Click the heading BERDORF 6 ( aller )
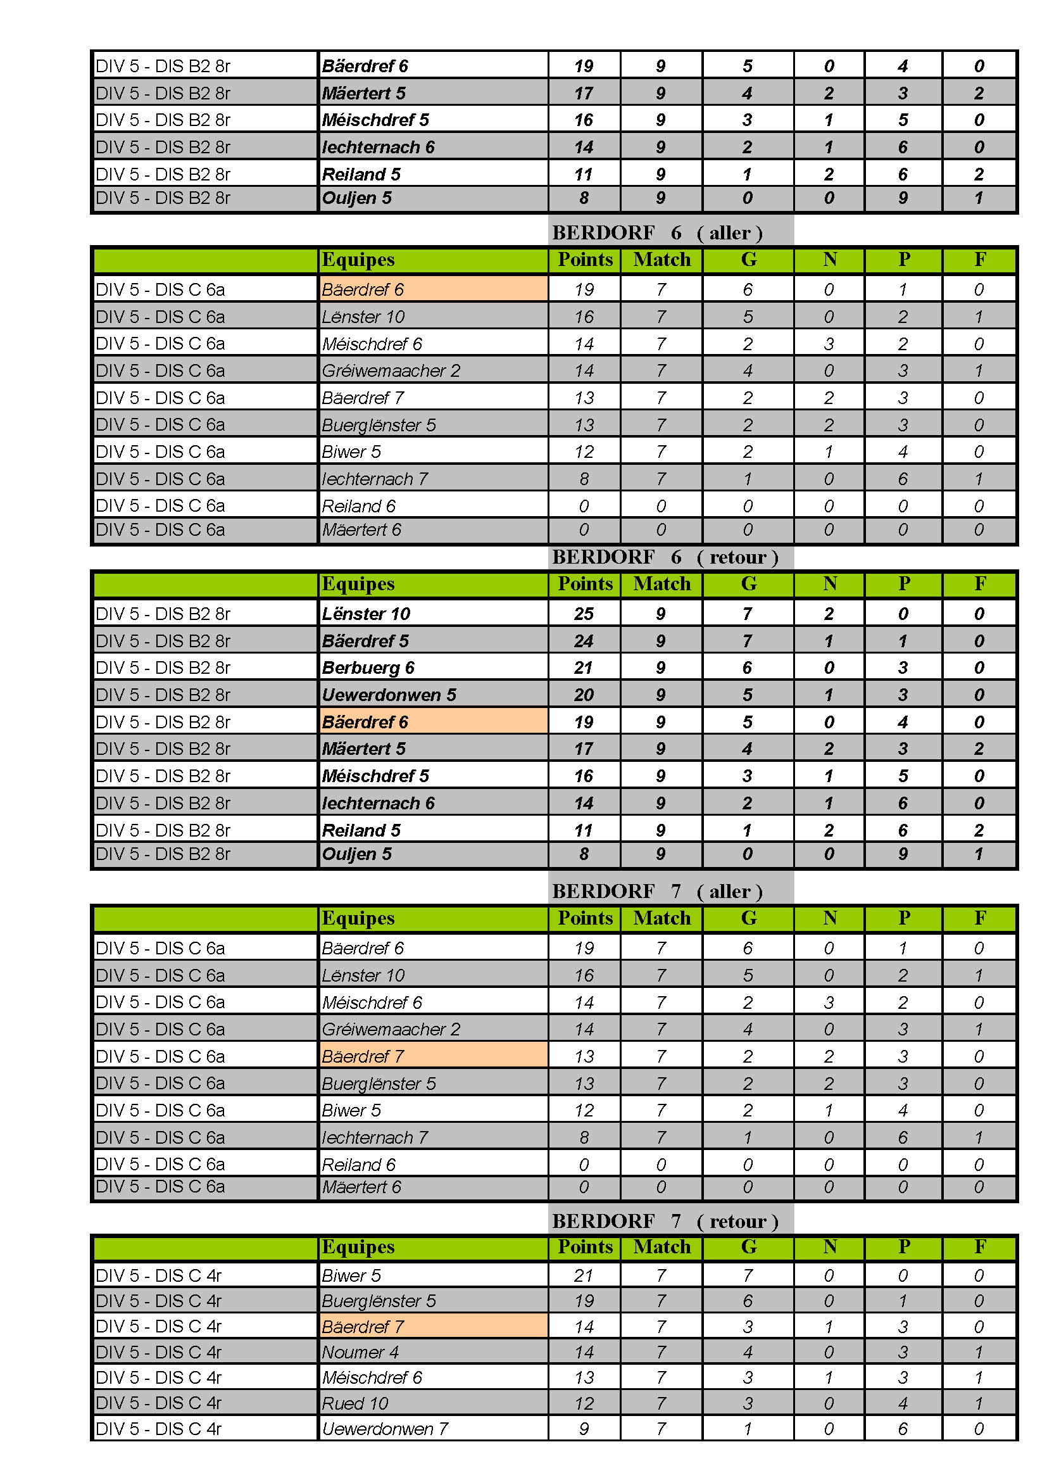click(x=657, y=233)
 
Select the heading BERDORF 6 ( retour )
click(x=665, y=557)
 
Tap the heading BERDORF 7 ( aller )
click(x=657, y=891)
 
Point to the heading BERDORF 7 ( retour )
click(x=665, y=1221)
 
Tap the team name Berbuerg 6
click(x=368, y=668)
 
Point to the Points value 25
click(x=584, y=614)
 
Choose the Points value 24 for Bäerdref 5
click(x=584, y=641)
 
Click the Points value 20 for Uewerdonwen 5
click(x=584, y=695)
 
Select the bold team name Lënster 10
click(x=366, y=614)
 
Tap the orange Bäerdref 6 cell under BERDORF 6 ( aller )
click(x=432, y=289)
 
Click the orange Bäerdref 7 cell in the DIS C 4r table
click(x=432, y=1327)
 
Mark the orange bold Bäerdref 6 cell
click(x=432, y=722)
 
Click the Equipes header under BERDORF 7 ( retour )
click(x=358, y=1247)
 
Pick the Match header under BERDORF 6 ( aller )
click(x=661, y=260)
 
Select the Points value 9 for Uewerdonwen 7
click(x=584, y=1429)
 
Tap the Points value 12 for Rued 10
click(x=584, y=1403)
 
